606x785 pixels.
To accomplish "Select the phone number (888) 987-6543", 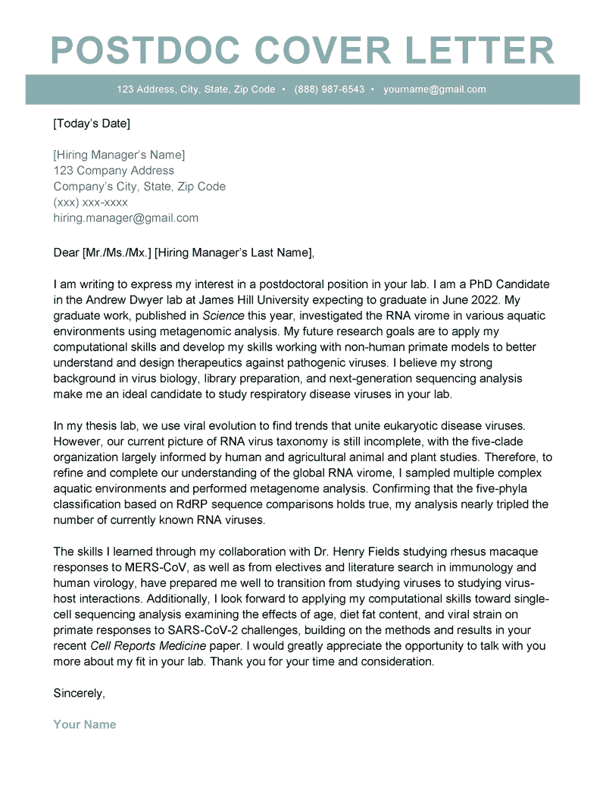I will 330,89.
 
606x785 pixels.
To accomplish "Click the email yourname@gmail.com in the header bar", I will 434,89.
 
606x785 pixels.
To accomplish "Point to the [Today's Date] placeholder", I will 92,123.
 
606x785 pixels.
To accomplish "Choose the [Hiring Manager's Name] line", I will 119,155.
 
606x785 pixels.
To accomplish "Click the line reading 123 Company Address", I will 114,171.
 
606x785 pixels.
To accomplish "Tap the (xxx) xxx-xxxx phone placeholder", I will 90,203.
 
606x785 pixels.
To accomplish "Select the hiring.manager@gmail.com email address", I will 126,218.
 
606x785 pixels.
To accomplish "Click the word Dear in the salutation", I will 66,252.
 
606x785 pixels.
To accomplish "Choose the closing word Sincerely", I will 79,692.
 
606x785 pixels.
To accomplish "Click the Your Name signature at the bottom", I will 85,724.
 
